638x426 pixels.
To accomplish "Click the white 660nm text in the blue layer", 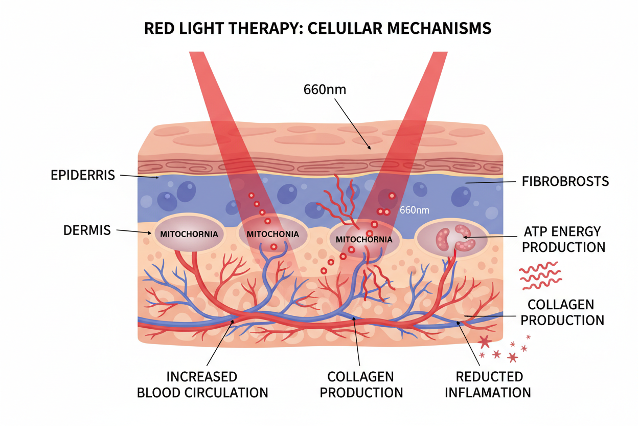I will tap(414, 210).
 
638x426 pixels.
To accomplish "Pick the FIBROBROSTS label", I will tap(566, 181).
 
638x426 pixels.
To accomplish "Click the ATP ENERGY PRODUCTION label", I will tap(563, 239).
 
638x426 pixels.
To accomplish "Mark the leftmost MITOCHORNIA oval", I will tap(189, 234).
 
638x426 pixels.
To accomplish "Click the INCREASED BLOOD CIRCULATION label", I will tap(202, 385).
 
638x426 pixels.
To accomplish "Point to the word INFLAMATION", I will tap(488, 393).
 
